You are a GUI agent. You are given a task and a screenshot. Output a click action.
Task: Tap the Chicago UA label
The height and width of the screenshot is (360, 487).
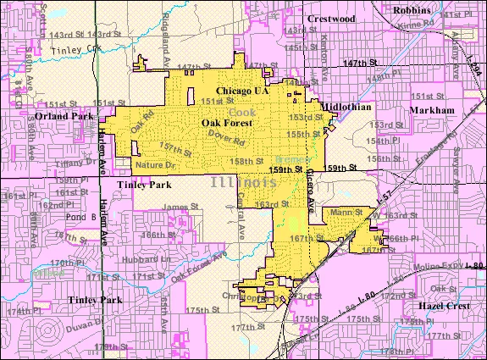242,91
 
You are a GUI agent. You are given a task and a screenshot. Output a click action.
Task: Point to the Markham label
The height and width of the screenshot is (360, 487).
431,111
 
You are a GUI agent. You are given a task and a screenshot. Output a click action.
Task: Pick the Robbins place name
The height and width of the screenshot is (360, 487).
412,10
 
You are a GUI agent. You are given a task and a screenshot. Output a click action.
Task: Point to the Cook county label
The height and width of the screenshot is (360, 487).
241,112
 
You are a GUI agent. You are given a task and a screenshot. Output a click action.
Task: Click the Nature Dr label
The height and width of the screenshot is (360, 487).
153,164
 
